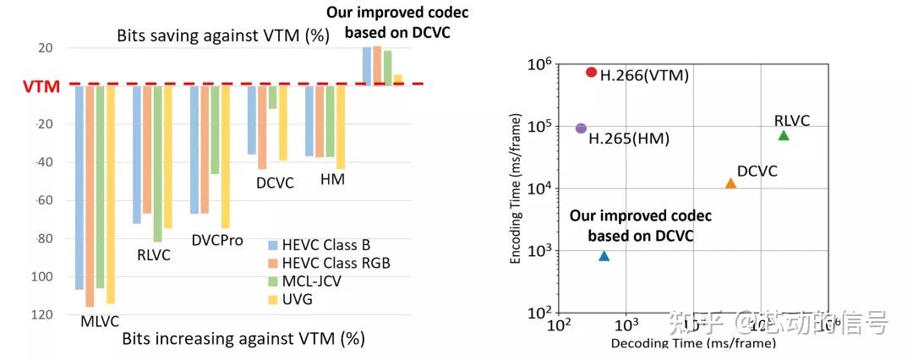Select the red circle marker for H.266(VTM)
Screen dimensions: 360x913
(591, 73)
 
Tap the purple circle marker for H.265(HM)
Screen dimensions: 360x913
(581, 128)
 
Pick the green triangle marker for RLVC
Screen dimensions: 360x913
(783, 135)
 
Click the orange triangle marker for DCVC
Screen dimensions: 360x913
(730, 183)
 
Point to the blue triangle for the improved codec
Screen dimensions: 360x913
(604, 255)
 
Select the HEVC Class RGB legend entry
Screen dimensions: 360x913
(328, 264)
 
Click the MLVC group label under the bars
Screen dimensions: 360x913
(100, 321)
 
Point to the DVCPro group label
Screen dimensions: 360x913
(217, 241)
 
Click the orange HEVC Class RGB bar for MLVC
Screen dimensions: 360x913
(90, 195)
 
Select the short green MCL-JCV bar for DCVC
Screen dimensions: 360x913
(272, 96)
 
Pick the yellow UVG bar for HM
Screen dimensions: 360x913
(341, 127)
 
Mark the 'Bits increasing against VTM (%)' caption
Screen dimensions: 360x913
(243, 340)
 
